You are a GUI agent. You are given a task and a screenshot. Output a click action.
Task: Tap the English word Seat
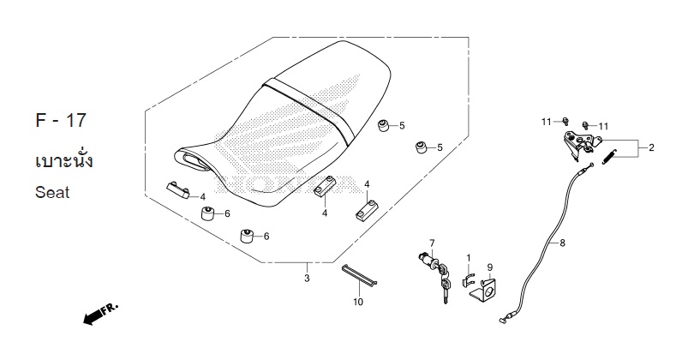52,193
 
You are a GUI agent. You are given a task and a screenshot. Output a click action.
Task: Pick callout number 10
357,302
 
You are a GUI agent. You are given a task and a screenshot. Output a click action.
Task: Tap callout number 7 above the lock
432,243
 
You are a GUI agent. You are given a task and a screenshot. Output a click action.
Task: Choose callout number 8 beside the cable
562,243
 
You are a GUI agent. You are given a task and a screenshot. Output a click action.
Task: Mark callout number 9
489,267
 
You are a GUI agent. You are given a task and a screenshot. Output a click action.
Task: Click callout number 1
468,257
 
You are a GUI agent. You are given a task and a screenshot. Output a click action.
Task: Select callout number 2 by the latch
650,148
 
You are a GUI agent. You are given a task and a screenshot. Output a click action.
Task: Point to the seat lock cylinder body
427,258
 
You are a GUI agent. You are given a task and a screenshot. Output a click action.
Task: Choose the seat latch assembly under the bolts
579,142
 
